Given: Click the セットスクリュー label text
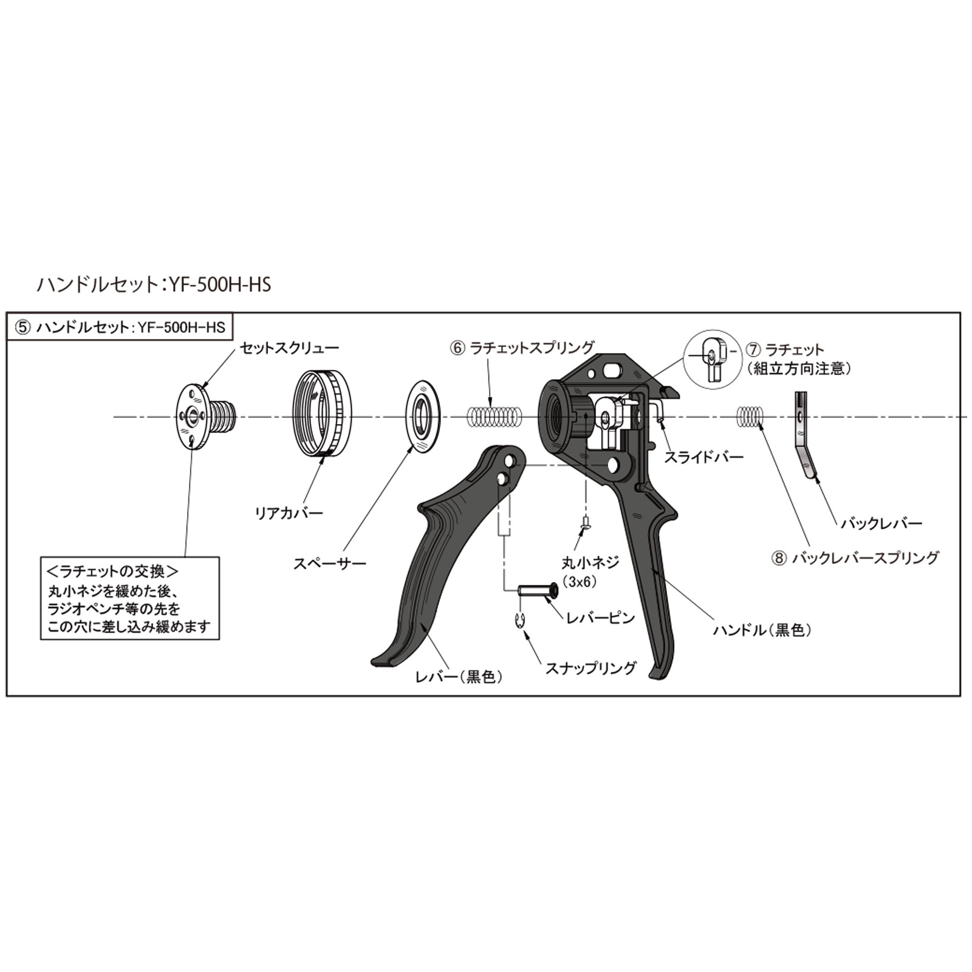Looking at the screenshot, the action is (x=289, y=348).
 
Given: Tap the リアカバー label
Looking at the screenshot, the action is (x=289, y=513).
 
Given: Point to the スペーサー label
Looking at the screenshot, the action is (x=330, y=563).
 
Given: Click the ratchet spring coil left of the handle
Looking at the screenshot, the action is (x=495, y=416).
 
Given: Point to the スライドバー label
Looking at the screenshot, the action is (x=703, y=457).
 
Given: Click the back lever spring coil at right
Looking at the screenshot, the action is (x=749, y=416).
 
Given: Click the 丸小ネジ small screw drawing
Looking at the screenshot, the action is (x=586, y=522).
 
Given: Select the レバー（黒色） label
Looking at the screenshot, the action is (x=459, y=676).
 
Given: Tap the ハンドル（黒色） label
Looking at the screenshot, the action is (x=762, y=630).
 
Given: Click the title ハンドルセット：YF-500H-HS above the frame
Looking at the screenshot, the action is (x=154, y=284).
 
